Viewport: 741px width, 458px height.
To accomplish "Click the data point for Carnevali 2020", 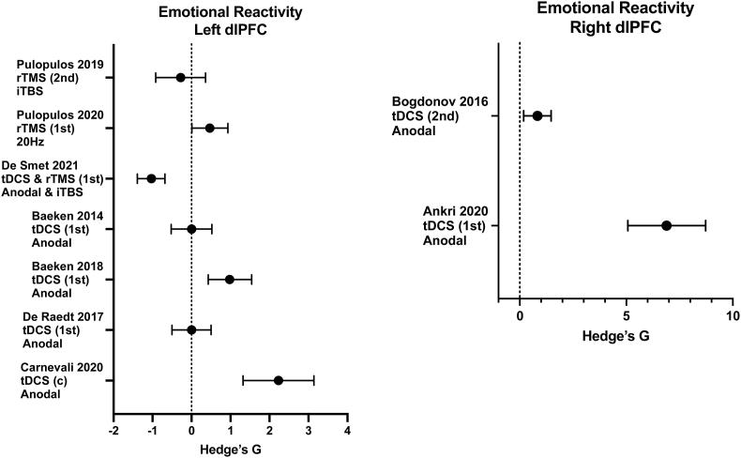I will pyautogui.click(x=279, y=380).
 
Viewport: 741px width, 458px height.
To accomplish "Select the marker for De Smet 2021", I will pyautogui.click(x=151, y=178).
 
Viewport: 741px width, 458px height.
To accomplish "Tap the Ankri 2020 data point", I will pyautogui.click(x=666, y=225).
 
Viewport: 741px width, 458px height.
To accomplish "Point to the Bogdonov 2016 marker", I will pyautogui.click(x=537, y=115).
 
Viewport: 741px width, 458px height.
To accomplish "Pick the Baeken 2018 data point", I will pyautogui.click(x=229, y=279).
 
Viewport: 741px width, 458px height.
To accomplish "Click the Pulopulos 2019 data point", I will pyautogui.click(x=180, y=77).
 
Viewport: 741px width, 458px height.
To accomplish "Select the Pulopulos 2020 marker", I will pyautogui.click(x=209, y=128).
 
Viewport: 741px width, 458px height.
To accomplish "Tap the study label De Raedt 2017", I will pyautogui.click(x=57, y=316).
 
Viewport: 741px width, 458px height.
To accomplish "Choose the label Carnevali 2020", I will pyautogui.click(x=58, y=367).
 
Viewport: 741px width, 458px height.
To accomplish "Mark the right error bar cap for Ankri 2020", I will pyautogui.click(x=705, y=225).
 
